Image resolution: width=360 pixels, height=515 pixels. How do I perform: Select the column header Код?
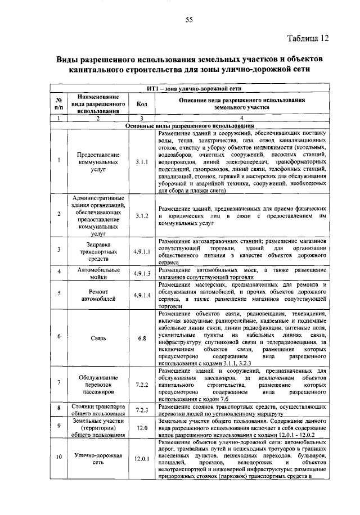[x=142, y=103]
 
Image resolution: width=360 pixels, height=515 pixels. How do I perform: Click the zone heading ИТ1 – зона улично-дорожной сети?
[x=193, y=89]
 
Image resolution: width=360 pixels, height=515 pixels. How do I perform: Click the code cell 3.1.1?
[x=142, y=161]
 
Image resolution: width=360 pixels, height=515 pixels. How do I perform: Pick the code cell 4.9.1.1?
[x=142, y=251]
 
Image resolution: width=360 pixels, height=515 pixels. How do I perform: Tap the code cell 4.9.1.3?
[x=142, y=273]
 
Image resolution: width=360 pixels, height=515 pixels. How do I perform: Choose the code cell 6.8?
[x=142, y=338]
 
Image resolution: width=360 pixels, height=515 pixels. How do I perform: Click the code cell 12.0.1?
[x=142, y=459]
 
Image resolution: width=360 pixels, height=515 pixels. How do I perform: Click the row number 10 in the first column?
[x=58, y=459]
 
